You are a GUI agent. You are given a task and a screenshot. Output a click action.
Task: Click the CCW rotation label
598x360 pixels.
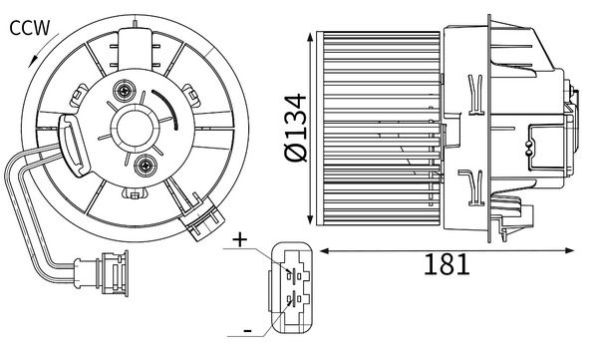coord(29,28)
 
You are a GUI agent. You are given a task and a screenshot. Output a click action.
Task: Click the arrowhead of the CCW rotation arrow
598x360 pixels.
coord(33,62)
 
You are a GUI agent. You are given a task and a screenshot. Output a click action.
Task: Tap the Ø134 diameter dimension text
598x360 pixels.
coord(296,128)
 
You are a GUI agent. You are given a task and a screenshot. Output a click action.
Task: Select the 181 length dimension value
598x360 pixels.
coord(447,264)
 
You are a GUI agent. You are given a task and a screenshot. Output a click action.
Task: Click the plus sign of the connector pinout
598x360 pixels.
coord(240,240)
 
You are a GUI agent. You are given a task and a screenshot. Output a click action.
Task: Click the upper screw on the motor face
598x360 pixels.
coord(125,91)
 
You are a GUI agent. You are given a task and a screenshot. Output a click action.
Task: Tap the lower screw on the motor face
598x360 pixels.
coord(147,166)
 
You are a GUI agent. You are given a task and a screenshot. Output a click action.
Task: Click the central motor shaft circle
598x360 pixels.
coord(134,129)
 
